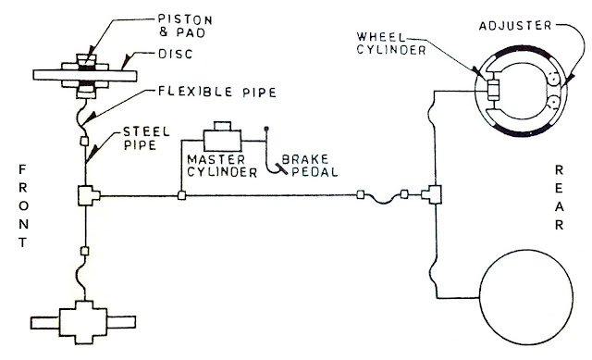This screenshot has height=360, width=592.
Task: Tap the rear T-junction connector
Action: point(432,195)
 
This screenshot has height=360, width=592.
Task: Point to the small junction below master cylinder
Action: point(182,195)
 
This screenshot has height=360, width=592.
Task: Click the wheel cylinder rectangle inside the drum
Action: point(493,90)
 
